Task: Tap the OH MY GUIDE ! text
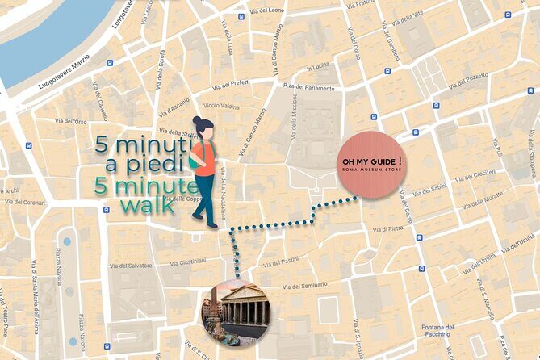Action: point(371,161)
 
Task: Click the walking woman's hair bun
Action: point(198,121)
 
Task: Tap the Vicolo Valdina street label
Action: point(222,106)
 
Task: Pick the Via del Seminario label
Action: point(299,286)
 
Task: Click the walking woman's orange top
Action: point(204,157)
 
